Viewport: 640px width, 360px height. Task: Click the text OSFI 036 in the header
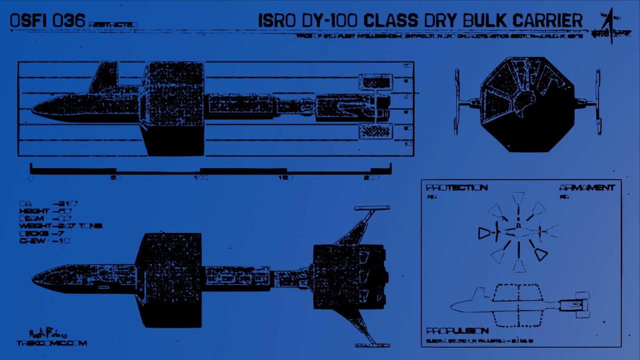47,21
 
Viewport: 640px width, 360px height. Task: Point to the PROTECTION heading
456,188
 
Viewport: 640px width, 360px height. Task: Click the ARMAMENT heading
586,188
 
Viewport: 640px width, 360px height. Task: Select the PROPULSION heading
457,331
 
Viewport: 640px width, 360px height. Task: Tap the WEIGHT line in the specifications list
60,226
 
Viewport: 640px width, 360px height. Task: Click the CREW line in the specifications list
45,241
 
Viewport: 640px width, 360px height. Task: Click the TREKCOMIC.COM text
51,343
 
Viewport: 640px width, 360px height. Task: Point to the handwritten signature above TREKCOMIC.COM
48,333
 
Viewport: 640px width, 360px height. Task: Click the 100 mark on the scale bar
201,177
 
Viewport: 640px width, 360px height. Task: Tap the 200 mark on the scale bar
371,177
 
